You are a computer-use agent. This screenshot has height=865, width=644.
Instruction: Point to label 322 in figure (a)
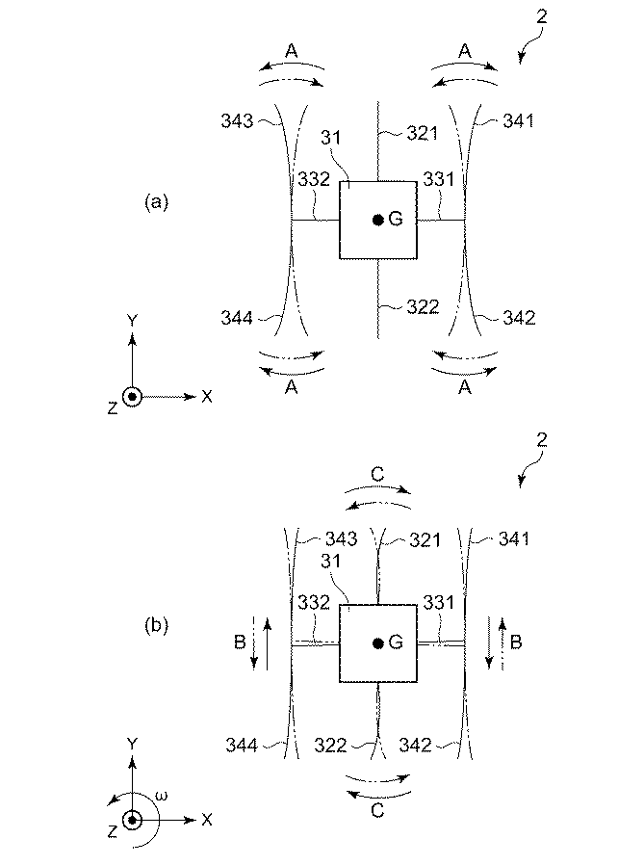(x=422, y=307)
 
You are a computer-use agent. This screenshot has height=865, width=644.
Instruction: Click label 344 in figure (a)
(x=236, y=317)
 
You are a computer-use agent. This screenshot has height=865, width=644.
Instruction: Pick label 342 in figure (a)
(x=519, y=317)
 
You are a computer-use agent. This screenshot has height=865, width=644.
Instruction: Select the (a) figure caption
(x=156, y=201)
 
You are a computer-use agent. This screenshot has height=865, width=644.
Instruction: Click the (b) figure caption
(x=156, y=625)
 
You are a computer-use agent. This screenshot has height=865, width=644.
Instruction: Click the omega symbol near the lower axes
(x=163, y=796)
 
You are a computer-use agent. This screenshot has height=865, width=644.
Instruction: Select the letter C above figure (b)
(x=377, y=474)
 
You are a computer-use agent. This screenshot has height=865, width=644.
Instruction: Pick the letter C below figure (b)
(x=377, y=811)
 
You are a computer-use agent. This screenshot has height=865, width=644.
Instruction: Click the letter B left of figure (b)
(x=238, y=640)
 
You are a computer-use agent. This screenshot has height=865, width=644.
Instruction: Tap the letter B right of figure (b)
(x=516, y=640)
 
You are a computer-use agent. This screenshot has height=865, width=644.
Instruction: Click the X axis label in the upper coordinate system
(x=207, y=396)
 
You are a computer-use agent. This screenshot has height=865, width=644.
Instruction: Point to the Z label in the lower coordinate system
(x=113, y=830)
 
